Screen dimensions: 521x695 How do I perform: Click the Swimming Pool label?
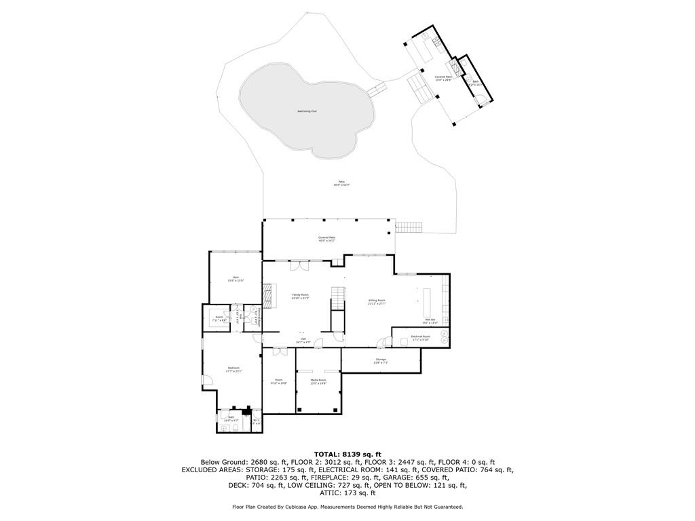(x=307, y=111)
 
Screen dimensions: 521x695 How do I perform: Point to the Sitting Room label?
(x=377, y=301)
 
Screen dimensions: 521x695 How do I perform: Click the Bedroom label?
(x=234, y=369)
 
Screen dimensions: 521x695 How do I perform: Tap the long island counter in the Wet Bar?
(x=428, y=298)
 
